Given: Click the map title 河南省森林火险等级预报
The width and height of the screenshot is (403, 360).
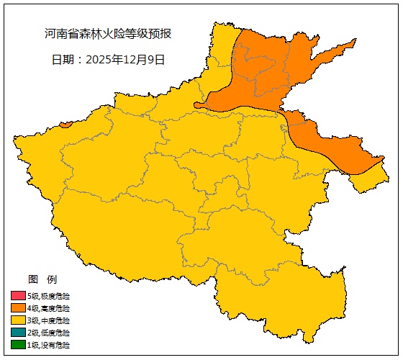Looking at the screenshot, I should click(108, 34).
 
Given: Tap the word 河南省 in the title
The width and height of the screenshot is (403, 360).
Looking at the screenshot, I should click(60, 34).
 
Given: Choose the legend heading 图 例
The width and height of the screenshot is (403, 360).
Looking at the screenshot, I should click(42, 279).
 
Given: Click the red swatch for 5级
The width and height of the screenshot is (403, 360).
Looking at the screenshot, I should click(18, 296).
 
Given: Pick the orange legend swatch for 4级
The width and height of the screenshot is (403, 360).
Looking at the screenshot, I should click(18, 308).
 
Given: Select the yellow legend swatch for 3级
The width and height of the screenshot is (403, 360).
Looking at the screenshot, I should click(18, 320).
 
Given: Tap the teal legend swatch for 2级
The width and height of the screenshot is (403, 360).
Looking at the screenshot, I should click(18, 333).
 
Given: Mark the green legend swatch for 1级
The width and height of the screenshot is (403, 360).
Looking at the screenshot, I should click(18, 345).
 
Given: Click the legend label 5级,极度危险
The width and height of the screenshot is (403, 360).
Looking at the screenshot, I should click(49, 296).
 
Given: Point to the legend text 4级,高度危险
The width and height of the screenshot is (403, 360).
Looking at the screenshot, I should click(49, 308).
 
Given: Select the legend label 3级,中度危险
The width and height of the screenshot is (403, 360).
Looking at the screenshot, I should click(49, 320).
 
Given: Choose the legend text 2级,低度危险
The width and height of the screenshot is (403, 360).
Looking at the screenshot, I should click(49, 333).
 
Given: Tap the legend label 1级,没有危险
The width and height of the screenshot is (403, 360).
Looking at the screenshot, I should click(49, 345).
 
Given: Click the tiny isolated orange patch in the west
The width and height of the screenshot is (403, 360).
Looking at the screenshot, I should click(66, 125).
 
